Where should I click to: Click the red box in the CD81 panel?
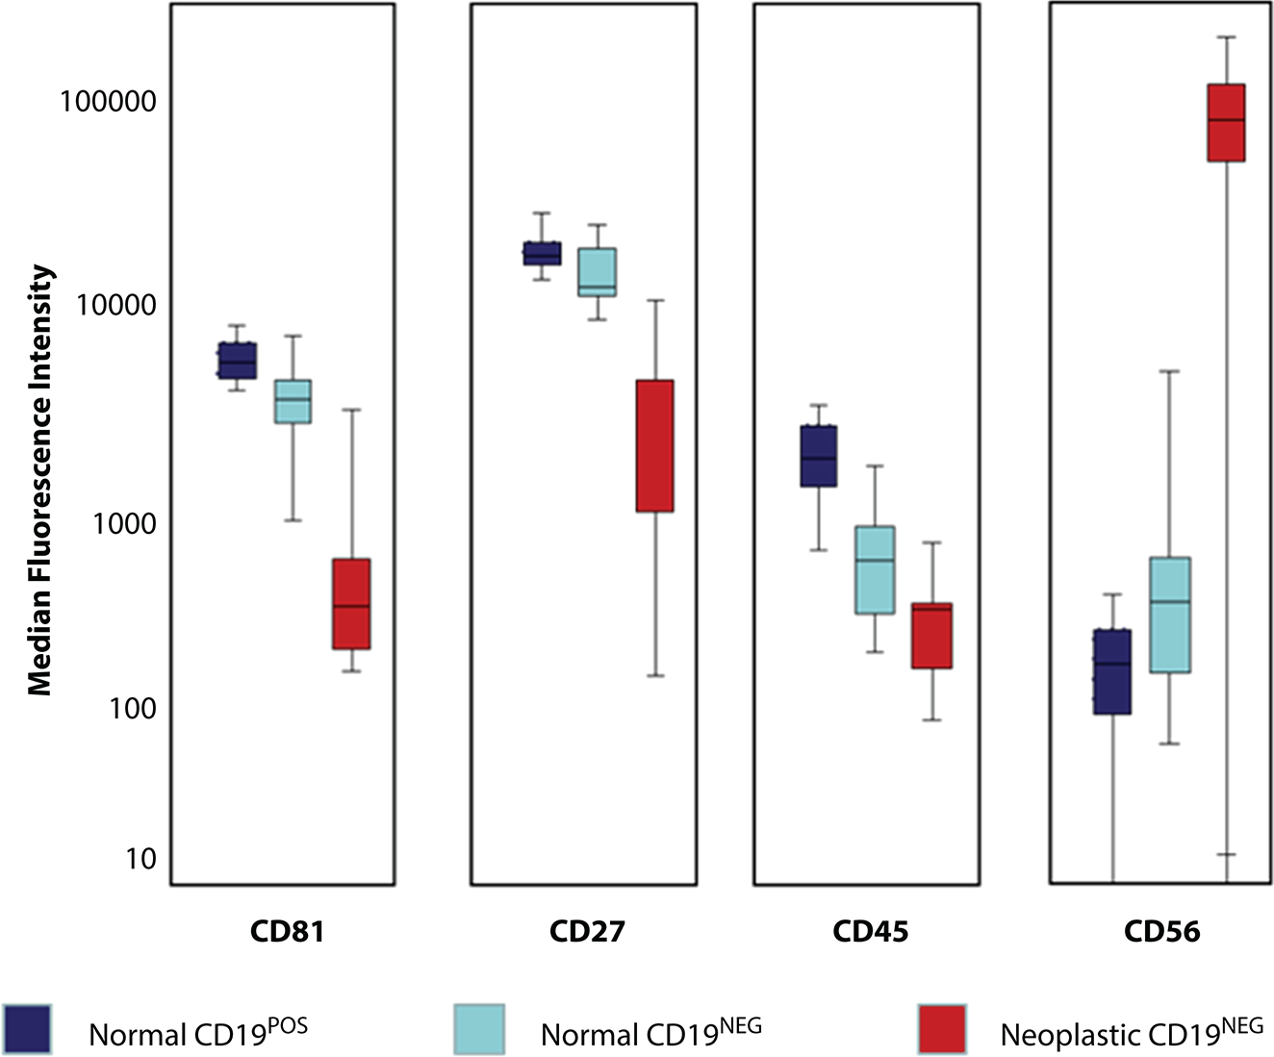coord(351,604)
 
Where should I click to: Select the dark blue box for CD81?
coord(237,361)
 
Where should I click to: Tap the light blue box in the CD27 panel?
coord(597,272)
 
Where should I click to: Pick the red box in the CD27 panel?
coord(654,445)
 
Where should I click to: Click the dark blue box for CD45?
coord(819,456)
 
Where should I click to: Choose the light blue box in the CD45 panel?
coord(876,569)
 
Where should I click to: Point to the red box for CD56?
coord(1226,123)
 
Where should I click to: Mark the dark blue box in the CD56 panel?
coord(1112,671)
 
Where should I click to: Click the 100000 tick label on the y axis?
coord(108,101)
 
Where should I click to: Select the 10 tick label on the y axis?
coord(140,859)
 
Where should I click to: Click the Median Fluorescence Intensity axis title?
coord(39,481)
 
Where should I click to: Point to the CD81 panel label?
coord(286,931)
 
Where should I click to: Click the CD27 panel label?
coord(587,931)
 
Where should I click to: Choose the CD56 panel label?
coord(1161,931)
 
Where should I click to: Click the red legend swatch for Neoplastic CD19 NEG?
coord(942,1028)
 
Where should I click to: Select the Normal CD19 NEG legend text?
coord(650,1033)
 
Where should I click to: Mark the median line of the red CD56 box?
coord(1226,120)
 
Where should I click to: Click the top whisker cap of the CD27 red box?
coord(654,300)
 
